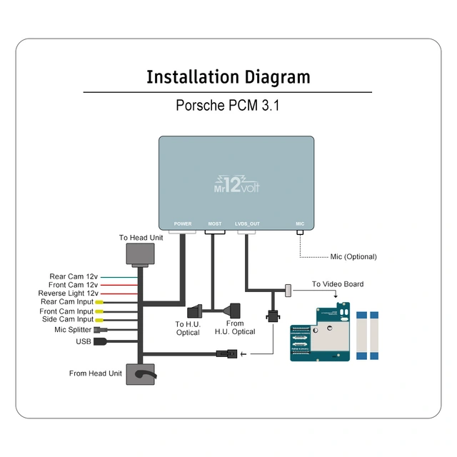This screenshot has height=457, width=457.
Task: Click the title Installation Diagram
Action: (228, 77)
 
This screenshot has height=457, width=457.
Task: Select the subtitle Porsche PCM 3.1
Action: (228, 106)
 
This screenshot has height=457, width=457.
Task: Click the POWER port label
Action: (183, 224)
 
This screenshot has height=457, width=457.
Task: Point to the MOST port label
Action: (215, 224)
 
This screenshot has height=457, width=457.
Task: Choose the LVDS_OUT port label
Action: (247, 224)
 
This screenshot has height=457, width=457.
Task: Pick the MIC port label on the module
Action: (300, 224)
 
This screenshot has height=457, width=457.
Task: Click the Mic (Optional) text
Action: (353, 256)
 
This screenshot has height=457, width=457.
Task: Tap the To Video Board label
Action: (338, 284)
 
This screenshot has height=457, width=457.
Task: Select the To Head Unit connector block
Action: (140, 253)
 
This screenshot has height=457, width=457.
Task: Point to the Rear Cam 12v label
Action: (74, 276)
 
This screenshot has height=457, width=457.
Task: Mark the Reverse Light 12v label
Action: (68, 293)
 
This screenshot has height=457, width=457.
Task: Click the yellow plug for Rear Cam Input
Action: (100, 302)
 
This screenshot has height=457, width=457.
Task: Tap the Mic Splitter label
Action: (73, 330)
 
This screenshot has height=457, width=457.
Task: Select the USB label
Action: (83, 341)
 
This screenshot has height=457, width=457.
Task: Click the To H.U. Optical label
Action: (188, 328)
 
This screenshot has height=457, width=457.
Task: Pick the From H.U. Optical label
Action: (235, 328)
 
